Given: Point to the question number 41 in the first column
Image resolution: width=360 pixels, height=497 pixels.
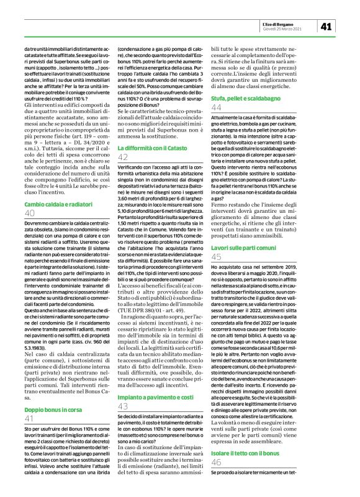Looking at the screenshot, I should coord(30,367).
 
